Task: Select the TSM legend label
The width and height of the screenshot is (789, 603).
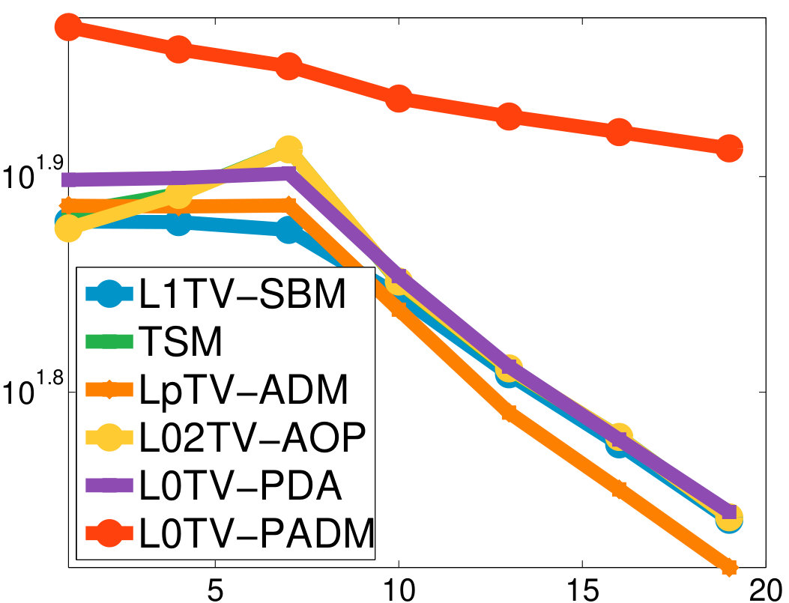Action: coord(181,342)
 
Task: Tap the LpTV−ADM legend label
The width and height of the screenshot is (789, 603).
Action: coord(244,390)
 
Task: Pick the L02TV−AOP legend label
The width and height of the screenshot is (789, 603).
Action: coord(252,437)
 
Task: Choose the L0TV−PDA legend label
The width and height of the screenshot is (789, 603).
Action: coord(241,485)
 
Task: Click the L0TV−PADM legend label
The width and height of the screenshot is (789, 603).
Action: coord(256,533)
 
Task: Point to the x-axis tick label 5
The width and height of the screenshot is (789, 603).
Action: coord(215,590)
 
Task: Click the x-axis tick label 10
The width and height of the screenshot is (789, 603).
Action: coord(399,590)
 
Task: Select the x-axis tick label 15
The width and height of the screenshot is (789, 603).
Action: coord(583,590)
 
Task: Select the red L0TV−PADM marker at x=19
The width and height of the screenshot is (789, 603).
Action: coord(728,148)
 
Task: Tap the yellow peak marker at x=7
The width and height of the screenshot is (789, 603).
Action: coord(288,149)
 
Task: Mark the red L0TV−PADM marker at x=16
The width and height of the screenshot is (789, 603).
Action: coord(619,133)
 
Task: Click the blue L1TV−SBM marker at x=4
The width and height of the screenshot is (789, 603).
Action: coord(178,222)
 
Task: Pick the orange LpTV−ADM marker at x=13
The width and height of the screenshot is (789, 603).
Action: coord(510,413)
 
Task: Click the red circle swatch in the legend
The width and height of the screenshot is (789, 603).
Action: coord(108,533)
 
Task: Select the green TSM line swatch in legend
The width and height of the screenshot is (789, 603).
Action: coord(109,342)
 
